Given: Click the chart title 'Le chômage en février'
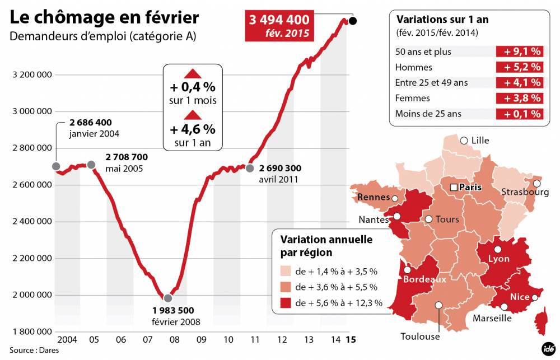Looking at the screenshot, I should click(x=104, y=17).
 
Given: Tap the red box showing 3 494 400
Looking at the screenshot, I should click(x=279, y=26).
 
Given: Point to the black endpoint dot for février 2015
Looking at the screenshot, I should click(x=352, y=21).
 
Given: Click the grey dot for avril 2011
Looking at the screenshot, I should click(x=250, y=167).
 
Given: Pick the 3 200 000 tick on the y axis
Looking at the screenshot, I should click(x=32, y=74).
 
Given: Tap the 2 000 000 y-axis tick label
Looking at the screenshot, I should click(x=32, y=295).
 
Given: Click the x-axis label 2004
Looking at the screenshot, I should click(x=67, y=339).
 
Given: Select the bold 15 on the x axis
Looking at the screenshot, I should click(x=351, y=339).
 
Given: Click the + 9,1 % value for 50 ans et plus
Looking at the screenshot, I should click(x=519, y=52).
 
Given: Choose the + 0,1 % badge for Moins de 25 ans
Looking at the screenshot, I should click(x=519, y=114).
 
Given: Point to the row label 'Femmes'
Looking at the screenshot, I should click(x=413, y=98).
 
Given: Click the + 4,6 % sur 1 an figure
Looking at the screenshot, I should click(x=192, y=129).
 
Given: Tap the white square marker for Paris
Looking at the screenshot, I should click(x=454, y=187).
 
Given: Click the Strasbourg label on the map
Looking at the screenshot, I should click(x=525, y=192).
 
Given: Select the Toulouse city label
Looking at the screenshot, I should click(x=420, y=336).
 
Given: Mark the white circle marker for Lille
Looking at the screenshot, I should click(x=464, y=140).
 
